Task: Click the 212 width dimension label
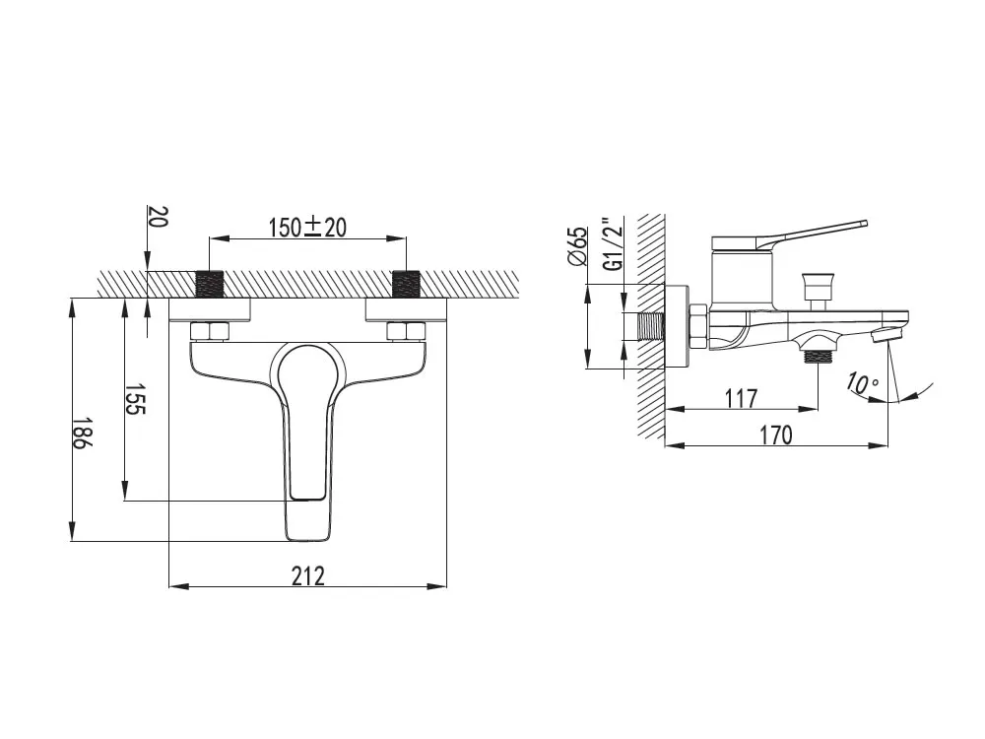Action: click(x=307, y=575)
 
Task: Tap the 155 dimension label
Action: click(x=135, y=399)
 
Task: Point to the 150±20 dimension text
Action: click(x=307, y=227)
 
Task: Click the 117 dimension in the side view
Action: click(x=742, y=398)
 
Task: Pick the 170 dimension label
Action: click(x=776, y=435)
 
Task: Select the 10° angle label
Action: click(x=862, y=383)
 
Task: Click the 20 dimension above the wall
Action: click(x=159, y=218)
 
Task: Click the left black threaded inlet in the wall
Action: click(x=210, y=284)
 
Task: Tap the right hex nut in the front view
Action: click(x=407, y=331)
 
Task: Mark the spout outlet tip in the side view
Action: click(x=886, y=333)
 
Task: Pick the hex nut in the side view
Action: click(x=699, y=327)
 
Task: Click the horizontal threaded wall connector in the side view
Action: click(x=651, y=327)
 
